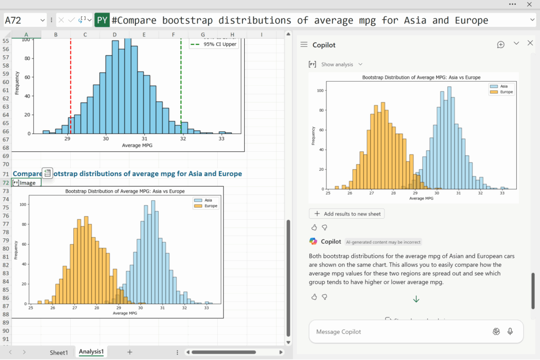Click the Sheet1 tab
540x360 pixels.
59,353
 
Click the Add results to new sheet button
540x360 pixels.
346,213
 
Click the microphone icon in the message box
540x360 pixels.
510,332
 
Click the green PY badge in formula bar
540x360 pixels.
102,21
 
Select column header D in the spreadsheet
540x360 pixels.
114,35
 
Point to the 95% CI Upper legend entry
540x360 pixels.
217,44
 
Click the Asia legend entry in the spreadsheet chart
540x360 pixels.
205,200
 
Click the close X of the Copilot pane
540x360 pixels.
531,43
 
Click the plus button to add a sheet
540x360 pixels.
130,352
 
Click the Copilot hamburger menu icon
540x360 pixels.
304,45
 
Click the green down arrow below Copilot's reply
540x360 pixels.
416,299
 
